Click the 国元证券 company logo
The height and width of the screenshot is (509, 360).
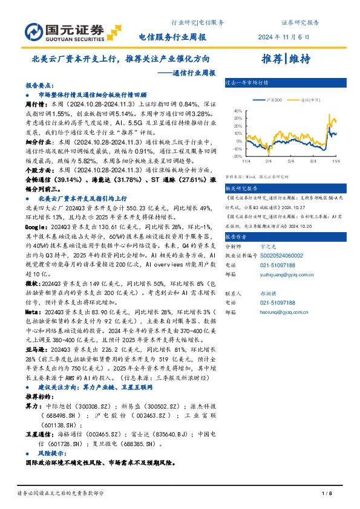[64, 31]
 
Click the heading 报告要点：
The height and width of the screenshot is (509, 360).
[39, 86]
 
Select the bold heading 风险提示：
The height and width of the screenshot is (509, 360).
[52, 452]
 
